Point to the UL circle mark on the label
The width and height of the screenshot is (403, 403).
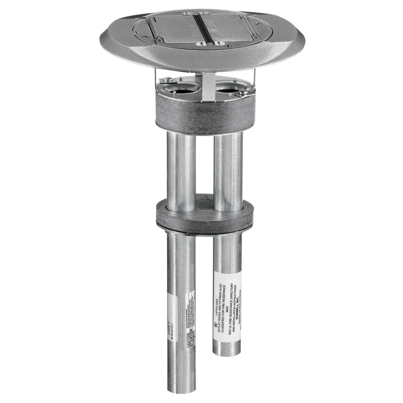[x=215, y=325]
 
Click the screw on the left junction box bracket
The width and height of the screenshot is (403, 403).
[x=168, y=79]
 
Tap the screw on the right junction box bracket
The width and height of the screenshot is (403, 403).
[x=242, y=92]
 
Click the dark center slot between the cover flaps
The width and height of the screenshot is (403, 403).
[x=203, y=28]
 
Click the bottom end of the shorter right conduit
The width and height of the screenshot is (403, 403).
[x=227, y=351]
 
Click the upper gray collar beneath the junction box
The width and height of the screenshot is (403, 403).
[x=205, y=116]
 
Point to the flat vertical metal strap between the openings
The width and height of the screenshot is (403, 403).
[x=208, y=85]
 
